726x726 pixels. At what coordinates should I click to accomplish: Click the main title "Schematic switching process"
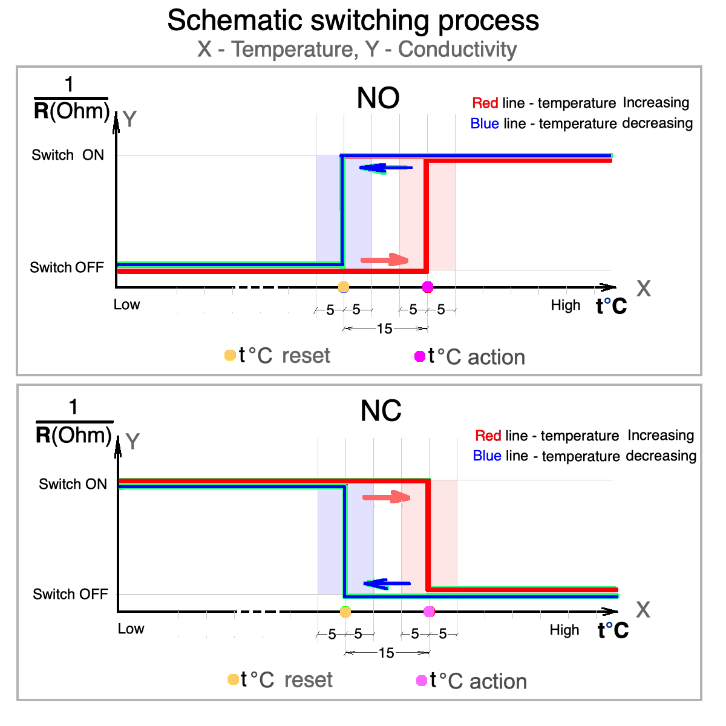tap(353, 21)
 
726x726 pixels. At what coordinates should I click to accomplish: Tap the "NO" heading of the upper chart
tap(378, 98)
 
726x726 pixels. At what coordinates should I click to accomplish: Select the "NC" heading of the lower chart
tap(381, 411)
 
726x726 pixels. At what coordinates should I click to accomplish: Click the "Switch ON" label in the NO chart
tap(68, 155)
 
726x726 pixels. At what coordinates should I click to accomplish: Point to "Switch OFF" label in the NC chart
tap(70, 594)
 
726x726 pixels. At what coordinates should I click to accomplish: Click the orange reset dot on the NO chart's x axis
tap(344, 287)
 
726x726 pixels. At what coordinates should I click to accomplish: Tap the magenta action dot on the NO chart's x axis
tap(428, 287)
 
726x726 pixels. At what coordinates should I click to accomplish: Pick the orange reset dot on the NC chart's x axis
tap(345, 612)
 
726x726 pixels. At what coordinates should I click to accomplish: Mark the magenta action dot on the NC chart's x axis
tap(429, 612)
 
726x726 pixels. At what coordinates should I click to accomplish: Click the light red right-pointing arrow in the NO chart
tap(384, 260)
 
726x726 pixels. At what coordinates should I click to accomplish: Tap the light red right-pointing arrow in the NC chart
tap(386, 497)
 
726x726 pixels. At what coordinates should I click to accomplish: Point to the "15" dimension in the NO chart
tap(385, 329)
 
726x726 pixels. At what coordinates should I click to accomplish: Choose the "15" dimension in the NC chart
tap(386, 653)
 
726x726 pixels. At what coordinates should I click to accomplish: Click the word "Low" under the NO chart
tap(126, 305)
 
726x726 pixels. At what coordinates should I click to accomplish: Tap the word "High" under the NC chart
tap(564, 630)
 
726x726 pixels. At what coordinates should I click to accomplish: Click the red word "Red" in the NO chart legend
tap(485, 103)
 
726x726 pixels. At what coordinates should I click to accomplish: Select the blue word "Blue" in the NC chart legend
tap(487, 456)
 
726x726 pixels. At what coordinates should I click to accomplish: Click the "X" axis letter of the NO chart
tap(644, 289)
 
